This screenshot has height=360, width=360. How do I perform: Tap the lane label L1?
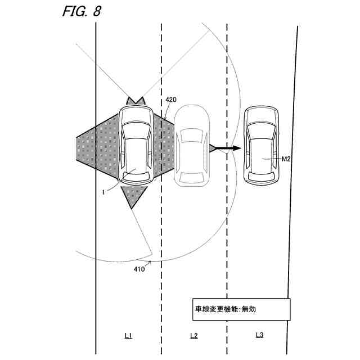click(x=128, y=335)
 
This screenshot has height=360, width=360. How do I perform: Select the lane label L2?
click(x=193, y=335)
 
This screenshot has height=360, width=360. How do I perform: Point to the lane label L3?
click(x=259, y=335)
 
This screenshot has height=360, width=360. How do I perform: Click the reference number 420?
click(x=172, y=100)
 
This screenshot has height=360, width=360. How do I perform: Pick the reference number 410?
click(x=139, y=269)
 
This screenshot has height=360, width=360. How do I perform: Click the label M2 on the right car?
click(x=286, y=159)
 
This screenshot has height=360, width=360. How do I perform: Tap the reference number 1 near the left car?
click(x=103, y=192)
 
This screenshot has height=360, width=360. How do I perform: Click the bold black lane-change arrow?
click(x=228, y=148)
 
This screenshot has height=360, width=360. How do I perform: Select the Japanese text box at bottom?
click(x=239, y=309)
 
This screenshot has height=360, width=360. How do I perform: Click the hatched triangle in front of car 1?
click(x=136, y=101)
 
